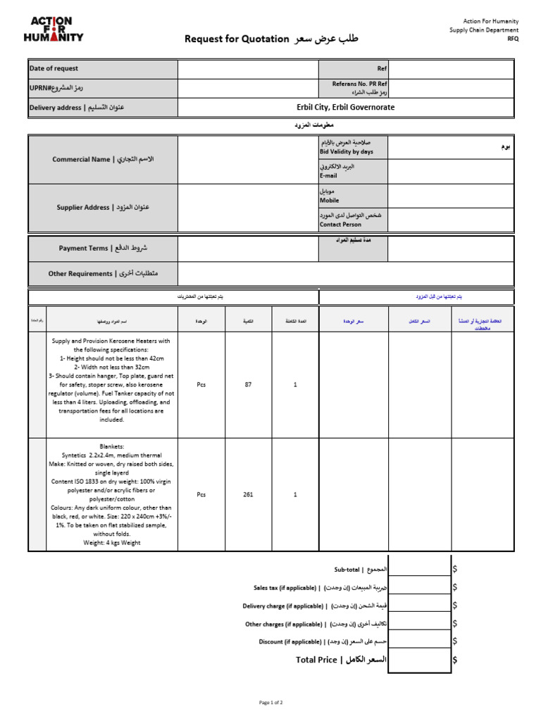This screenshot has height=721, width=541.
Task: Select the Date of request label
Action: click(54, 69)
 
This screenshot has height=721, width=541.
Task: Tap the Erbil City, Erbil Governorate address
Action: click(345, 108)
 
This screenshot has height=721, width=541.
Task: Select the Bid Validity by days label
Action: click(347, 152)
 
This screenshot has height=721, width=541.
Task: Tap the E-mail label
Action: click(329, 176)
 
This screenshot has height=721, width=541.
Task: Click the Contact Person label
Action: click(340, 225)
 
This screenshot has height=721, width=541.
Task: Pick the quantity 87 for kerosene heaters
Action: click(248, 385)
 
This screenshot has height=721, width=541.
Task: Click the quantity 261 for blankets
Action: click(248, 495)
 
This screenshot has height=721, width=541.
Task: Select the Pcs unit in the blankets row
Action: click(201, 495)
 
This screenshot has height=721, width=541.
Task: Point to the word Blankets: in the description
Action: click(113, 446)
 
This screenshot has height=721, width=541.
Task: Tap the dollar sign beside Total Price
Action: click(455, 660)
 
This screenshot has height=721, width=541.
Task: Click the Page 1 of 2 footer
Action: click(271, 703)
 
